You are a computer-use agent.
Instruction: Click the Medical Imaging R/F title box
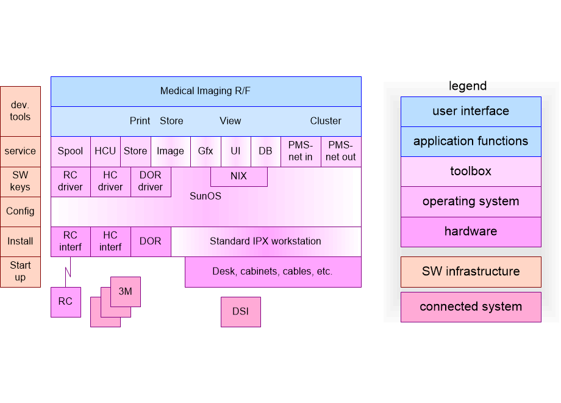click(x=205, y=91)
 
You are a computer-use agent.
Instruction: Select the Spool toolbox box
click(x=70, y=151)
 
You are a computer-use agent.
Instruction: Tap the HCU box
click(x=105, y=151)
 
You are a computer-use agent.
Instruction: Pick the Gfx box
click(x=205, y=151)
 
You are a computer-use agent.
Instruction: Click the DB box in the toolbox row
click(x=265, y=151)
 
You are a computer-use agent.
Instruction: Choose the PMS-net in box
click(x=301, y=151)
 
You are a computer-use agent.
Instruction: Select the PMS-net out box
click(x=341, y=151)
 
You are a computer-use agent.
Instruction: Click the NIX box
click(x=238, y=176)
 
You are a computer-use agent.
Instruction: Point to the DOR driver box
click(x=151, y=181)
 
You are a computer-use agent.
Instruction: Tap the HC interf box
click(x=110, y=241)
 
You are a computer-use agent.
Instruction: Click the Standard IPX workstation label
click(x=265, y=241)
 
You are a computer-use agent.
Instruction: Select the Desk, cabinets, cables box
click(x=273, y=272)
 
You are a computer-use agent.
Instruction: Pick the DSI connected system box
click(x=240, y=311)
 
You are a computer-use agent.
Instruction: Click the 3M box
click(x=126, y=292)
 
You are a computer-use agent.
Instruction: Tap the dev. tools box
click(x=20, y=111)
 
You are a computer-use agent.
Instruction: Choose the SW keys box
click(x=20, y=181)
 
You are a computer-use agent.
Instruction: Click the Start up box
click(x=20, y=272)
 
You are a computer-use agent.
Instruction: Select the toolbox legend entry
click(x=471, y=172)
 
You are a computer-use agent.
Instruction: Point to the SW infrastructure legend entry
click(x=471, y=272)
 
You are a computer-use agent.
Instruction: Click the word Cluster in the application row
click(x=326, y=121)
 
